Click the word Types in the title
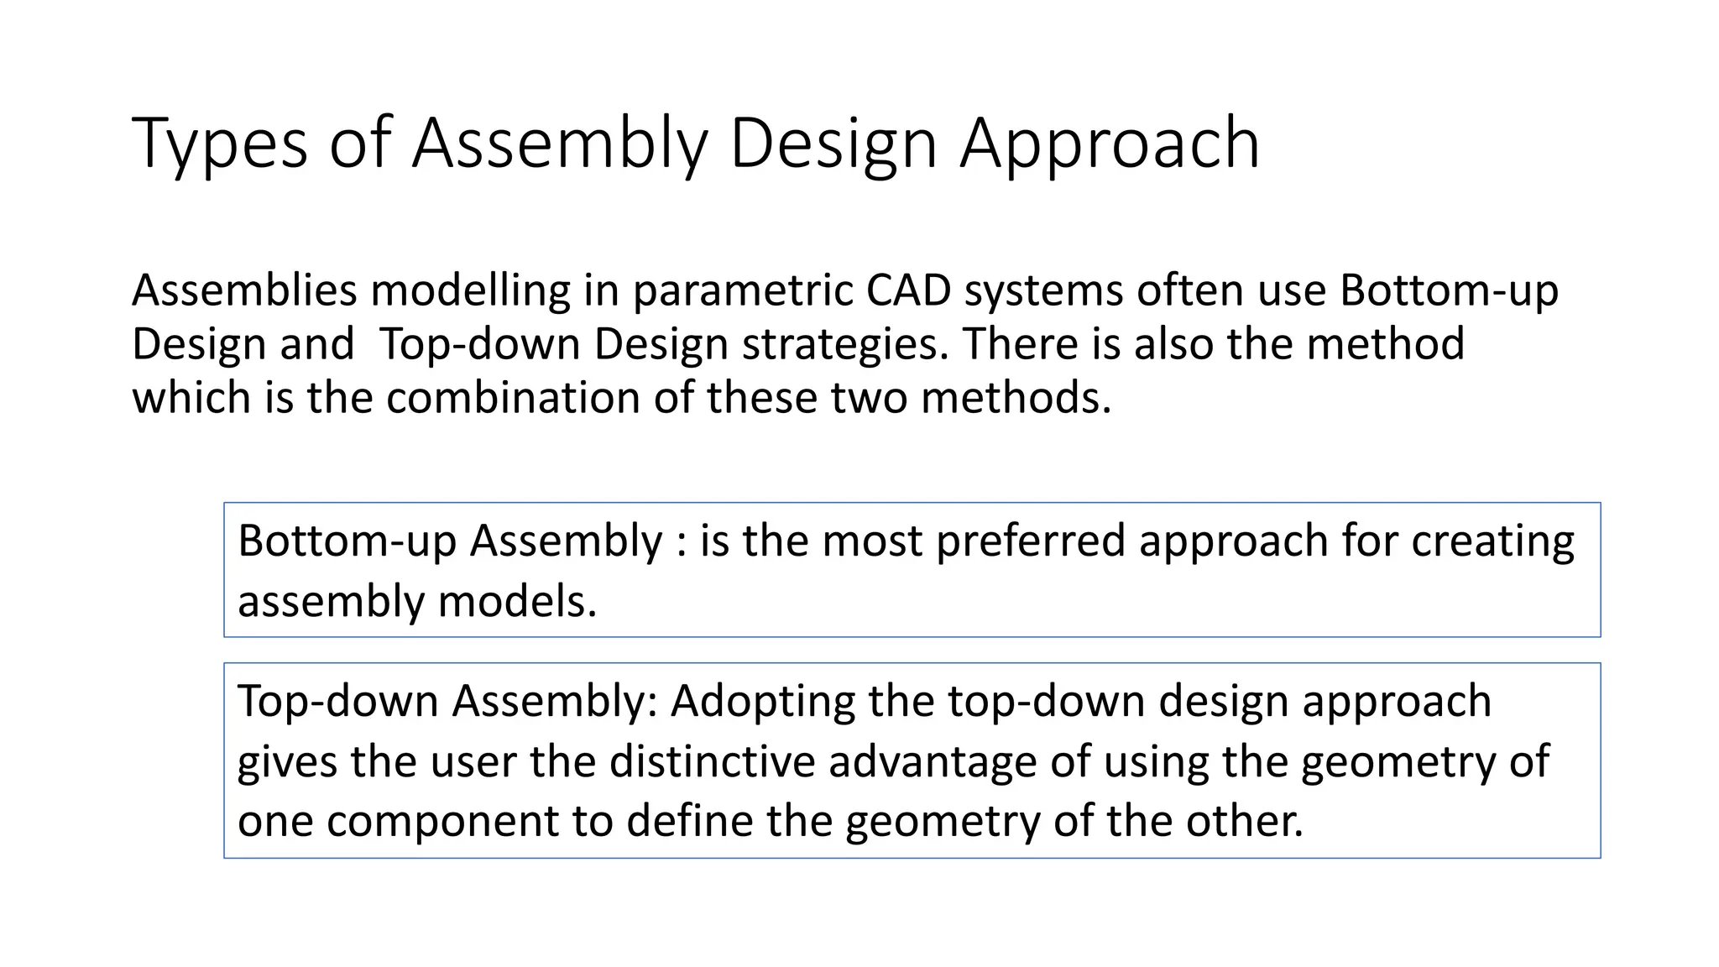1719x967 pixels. (220, 144)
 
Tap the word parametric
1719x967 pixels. (741, 290)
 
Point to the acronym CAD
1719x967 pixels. (909, 290)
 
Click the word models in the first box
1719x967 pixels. (517, 601)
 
